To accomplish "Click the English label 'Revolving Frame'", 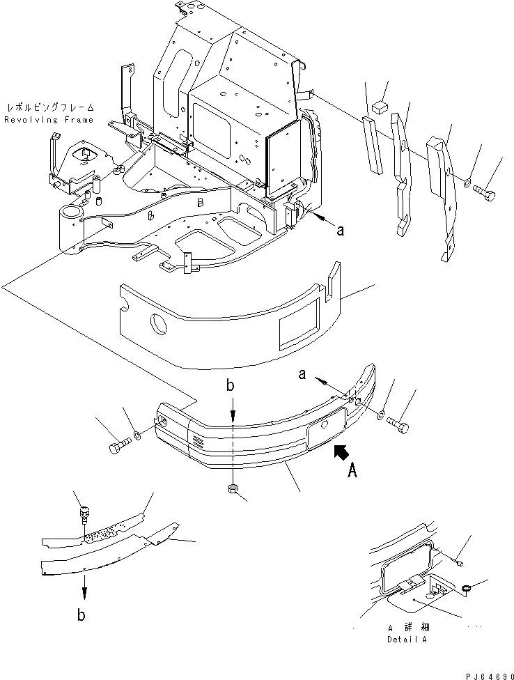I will [x=49, y=120].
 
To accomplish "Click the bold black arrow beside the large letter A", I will [x=343, y=453].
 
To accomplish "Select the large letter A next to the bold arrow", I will [x=352, y=473].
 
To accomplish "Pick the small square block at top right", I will [x=379, y=107].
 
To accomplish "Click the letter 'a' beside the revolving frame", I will [x=340, y=233].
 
